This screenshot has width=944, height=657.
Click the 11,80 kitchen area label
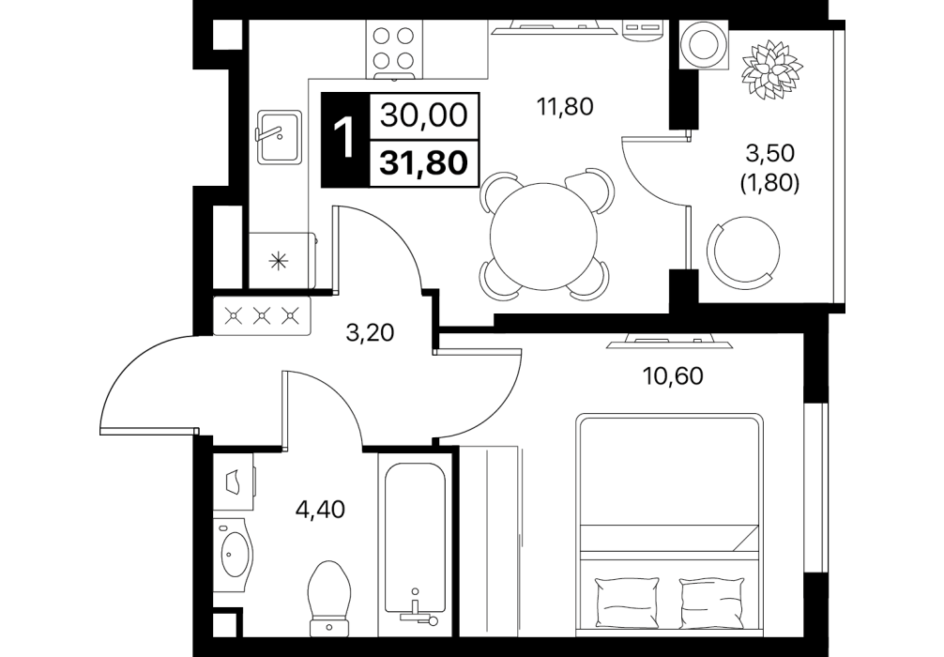565,107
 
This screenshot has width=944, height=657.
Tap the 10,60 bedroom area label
673,376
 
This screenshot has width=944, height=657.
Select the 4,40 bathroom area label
320,510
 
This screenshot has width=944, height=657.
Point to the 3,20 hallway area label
370,332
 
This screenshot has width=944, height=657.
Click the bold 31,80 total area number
424,163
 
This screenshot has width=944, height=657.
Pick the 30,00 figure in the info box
424,115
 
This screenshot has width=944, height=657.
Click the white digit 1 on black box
345,139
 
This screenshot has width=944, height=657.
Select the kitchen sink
280,137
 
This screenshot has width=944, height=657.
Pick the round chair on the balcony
742,250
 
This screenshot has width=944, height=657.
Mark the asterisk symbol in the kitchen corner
278,261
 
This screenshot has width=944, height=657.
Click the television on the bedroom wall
671,341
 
